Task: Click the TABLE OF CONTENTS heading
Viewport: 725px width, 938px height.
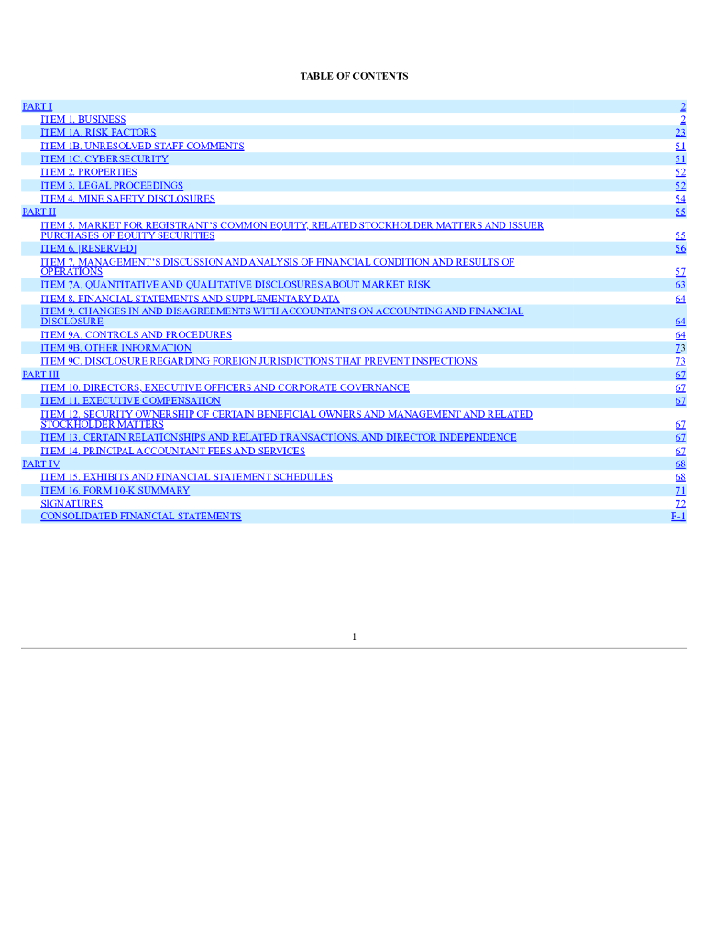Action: pos(354,76)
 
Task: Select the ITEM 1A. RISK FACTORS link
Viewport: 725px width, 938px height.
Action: pos(98,133)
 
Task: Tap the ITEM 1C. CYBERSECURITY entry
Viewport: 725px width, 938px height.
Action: pos(104,159)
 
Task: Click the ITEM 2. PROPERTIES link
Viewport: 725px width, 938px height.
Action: pos(89,172)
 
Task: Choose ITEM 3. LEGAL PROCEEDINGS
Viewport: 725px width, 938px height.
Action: pos(112,186)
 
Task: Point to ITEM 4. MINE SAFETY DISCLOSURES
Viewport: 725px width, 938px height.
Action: pos(127,199)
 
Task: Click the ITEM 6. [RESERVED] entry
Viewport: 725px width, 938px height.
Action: pos(88,248)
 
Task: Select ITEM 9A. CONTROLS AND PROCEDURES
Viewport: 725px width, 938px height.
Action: pos(136,335)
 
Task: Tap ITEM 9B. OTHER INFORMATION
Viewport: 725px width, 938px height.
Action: pos(115,348)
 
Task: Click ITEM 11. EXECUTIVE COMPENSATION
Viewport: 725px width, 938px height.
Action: pos(130,400)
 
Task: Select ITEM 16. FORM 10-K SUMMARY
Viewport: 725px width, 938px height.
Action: pos(115,490)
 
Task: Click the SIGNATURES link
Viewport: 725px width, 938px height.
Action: pos(71,504)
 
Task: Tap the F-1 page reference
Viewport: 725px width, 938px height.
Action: pos(678,517)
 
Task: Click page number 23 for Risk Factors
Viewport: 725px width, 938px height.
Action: pos(680,133)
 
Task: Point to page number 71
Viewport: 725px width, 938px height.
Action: pos(680,490)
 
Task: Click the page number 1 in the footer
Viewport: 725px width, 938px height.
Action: pos(354,637)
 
